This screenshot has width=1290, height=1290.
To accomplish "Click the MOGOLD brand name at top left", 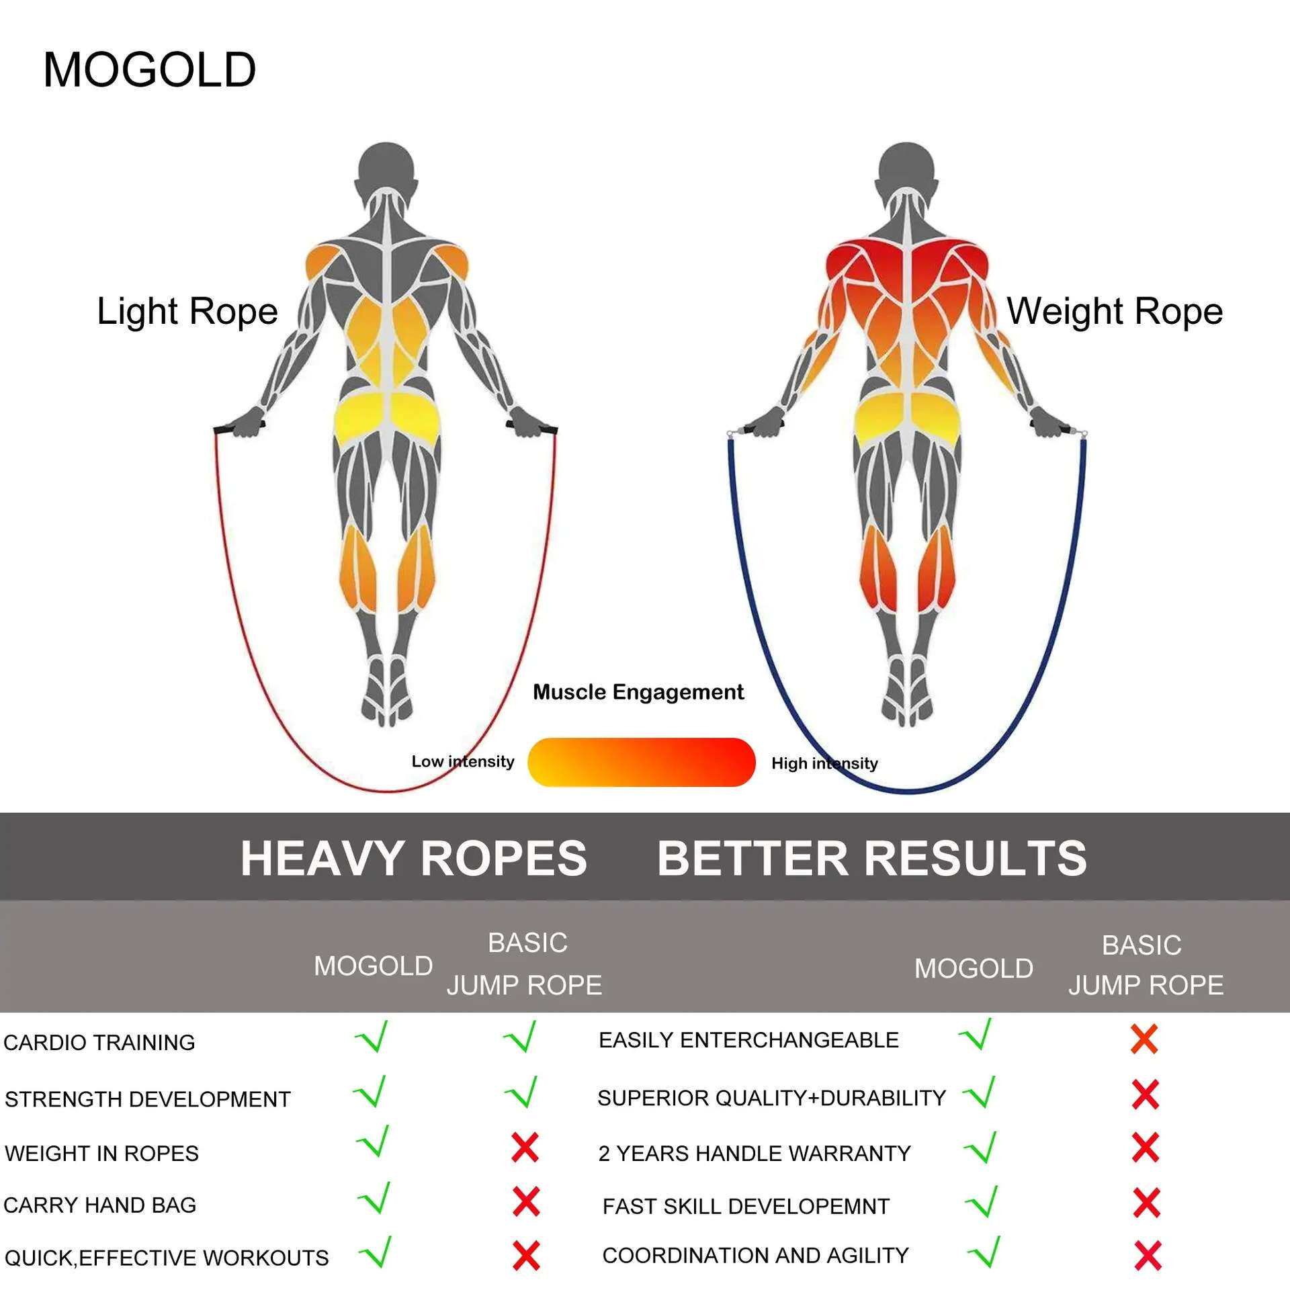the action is (150, 70).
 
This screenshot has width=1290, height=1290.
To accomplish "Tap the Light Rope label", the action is (187, 312).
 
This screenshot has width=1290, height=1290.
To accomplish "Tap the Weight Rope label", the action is (1115, 312).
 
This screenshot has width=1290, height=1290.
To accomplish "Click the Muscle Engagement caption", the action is (638, 692).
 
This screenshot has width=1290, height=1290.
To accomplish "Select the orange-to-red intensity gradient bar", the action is (642, 762).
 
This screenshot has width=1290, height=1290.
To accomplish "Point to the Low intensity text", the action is (463, 761).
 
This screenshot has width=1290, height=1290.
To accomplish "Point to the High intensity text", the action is (824, 763).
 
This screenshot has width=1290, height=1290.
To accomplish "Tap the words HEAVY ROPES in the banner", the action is (414, 859).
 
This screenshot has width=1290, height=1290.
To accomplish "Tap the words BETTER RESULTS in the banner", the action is (871, 859).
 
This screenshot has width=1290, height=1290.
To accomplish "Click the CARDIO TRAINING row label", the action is (99, 1042).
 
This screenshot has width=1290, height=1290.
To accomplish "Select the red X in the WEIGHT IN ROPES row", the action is (525, 1147).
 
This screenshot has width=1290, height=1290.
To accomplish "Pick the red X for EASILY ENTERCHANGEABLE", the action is (1144, 1039).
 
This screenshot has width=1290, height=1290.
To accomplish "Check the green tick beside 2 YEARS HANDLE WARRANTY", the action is (980, 1147).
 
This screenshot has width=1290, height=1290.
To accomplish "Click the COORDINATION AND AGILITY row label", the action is (755, 1255).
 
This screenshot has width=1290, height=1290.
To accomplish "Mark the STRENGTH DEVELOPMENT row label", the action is (148, 1099).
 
